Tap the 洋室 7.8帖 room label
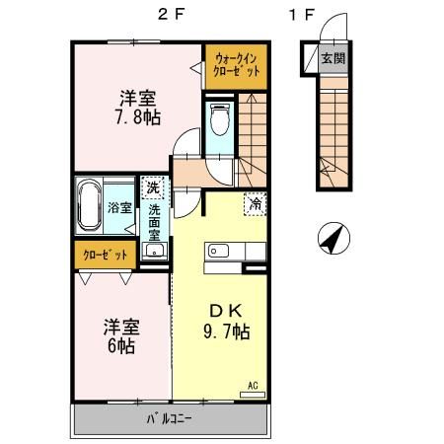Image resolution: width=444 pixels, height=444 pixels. (139, 108)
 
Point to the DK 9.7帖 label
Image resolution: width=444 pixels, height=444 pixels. (226, 319)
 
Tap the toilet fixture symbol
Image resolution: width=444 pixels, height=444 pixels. (221, 119)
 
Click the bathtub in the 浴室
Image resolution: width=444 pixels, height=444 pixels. (89, 205)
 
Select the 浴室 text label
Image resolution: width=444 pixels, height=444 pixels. (118, 208)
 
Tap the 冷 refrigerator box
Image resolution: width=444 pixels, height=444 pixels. (254, 205)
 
